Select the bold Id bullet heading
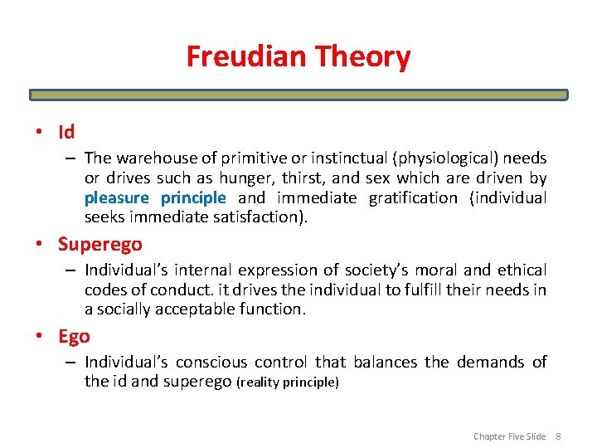click(x=66, y=132)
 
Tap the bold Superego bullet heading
click(x=99, y=244)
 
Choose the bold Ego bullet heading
click(x=74, y=336)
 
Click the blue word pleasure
click(x=115, y=197)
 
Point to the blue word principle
click(x=192, y=197)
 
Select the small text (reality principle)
click(x=288, y=382)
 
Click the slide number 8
click(x=558, y=436)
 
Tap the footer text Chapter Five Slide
click(x=509, y=436)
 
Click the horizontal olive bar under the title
click(x=298, y=95)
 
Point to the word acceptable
click(x=194, y=309)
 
